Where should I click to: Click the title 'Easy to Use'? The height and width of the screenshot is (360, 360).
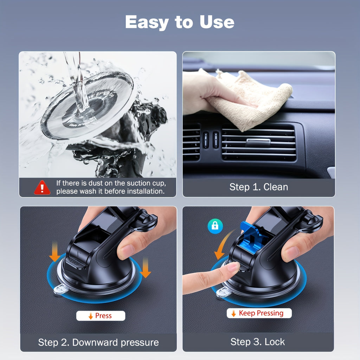pos(180,22)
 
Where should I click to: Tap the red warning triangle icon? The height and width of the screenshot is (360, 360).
pos(42,187)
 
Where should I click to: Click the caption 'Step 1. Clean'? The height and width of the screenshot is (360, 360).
pos(258,187)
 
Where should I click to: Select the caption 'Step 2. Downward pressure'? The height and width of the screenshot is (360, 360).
pos(98,342)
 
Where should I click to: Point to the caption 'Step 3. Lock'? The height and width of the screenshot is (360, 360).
pos(258,341)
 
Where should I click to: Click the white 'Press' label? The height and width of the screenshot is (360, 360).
pos(101,316)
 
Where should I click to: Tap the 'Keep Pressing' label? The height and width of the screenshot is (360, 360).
pos(259,313)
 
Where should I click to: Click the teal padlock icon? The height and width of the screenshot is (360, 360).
pos(215,226)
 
